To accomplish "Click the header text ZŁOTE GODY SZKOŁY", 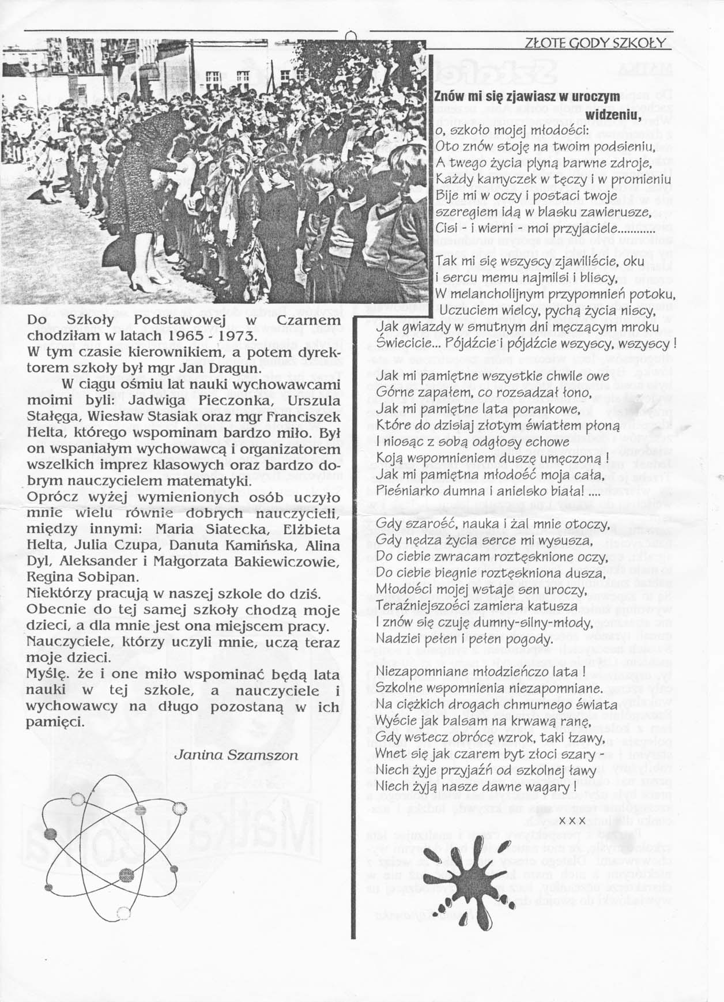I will click(x=596, y=43).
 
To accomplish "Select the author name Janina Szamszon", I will click(x=236, y=755).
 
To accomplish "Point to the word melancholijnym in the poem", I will click(x=492, y=294).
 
